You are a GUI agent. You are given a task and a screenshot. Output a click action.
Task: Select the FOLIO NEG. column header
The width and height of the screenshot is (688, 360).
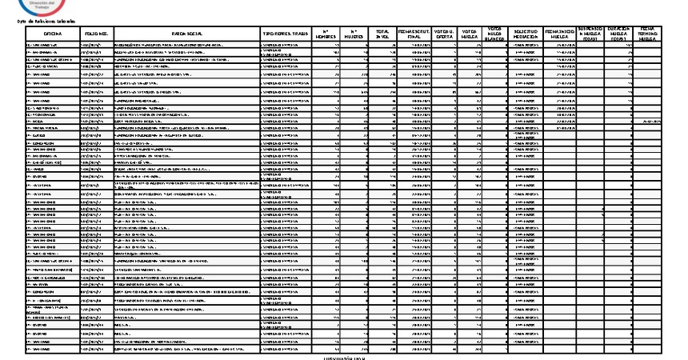click(97, 35)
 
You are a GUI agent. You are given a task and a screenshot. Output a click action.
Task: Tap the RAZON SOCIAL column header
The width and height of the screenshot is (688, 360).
click(186, 35)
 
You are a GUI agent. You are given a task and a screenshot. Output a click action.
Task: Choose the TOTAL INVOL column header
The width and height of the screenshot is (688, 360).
click(382, 34)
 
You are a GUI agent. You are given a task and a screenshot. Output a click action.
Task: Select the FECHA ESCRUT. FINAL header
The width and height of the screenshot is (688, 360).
click(414, 34)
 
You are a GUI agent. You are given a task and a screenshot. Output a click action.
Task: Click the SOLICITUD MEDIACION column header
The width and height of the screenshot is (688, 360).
click(525, 34)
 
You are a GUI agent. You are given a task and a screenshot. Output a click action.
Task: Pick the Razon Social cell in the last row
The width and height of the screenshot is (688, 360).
click(186, 350)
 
